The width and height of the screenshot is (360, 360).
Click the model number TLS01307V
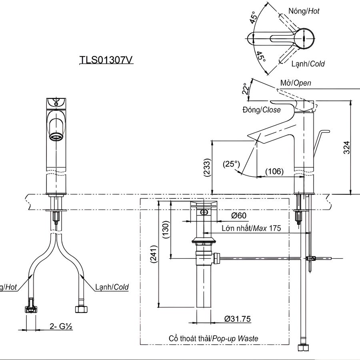click(x=106, y=60)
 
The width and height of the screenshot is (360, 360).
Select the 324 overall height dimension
click(x=347, y=147)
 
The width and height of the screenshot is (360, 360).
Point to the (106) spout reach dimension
click(x=274, y=172)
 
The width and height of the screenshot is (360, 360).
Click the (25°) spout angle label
click(x=231, y=164)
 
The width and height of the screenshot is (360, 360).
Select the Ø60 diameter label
click(x=239, y=216)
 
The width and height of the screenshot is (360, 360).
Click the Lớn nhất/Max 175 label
click(x=251, y=228)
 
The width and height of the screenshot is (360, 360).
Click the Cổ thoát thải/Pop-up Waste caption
click(x=213, y=338)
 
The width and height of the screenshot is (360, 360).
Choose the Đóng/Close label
click(x=262, y=110)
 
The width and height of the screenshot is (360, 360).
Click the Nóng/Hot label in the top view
click(x=304, y=11)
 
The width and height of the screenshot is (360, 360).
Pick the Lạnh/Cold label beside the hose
click(x=112, y=287)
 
